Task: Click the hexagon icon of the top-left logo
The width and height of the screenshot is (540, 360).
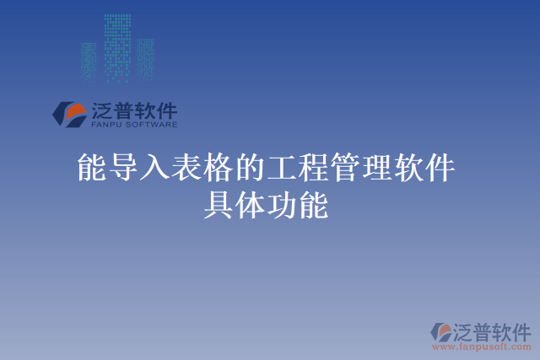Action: click(68, 114)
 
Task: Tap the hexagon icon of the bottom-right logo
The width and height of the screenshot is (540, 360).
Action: click(440, 333)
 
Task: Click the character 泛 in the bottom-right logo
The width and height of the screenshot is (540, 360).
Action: click(467, 330)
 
